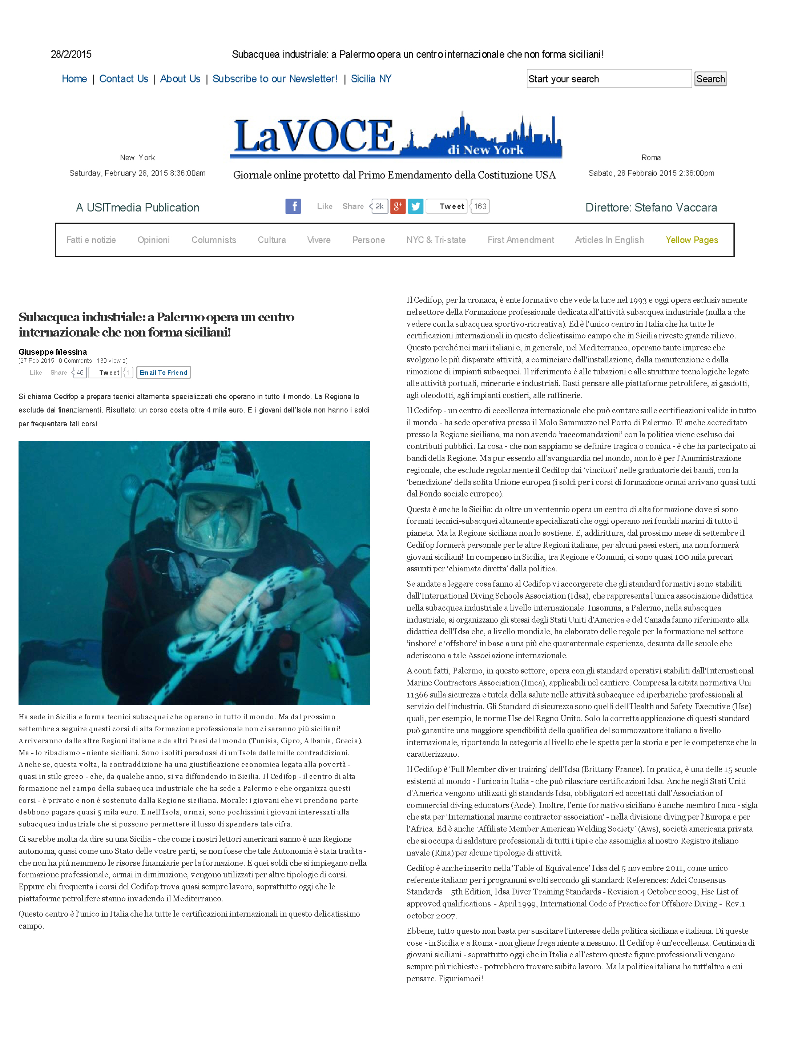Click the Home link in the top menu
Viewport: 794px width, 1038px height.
click(x=74, y=79)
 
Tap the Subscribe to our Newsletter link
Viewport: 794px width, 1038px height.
click(x=275, y=79)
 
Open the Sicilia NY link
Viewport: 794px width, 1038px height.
click(x=371, y=79)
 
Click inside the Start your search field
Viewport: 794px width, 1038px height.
click(x=609, y=79)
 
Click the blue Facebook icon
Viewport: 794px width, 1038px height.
click(x=293, y=206)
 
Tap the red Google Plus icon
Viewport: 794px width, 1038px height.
click(x=398, y=206)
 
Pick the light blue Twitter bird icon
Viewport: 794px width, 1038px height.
click(x=415, y=206)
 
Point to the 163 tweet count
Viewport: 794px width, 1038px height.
click(x=480, y=206)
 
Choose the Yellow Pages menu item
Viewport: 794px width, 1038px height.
click(x=692, y=240)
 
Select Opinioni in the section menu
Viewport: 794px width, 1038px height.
click(x=154, y=240)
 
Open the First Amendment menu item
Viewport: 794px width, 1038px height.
click(x=520, y=240)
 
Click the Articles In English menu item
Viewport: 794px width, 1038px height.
click(x=609, y=240)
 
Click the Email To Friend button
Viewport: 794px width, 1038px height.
click(x=164, y=373)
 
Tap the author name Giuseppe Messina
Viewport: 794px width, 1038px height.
click(x=52, y=352)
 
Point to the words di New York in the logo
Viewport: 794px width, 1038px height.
click(x=485, y=150)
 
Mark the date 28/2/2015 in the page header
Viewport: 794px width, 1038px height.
click(x=71, y=55)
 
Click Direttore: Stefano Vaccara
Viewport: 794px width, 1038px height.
click(x=651, y=208)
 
